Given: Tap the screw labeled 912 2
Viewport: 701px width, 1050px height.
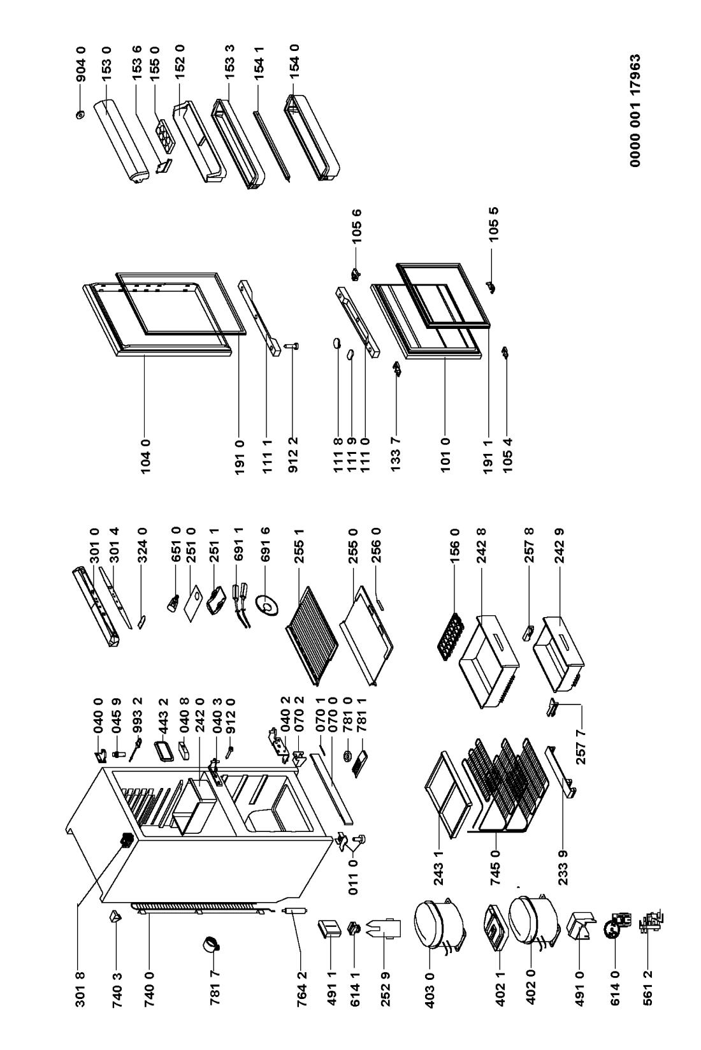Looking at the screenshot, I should [295, 346].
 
